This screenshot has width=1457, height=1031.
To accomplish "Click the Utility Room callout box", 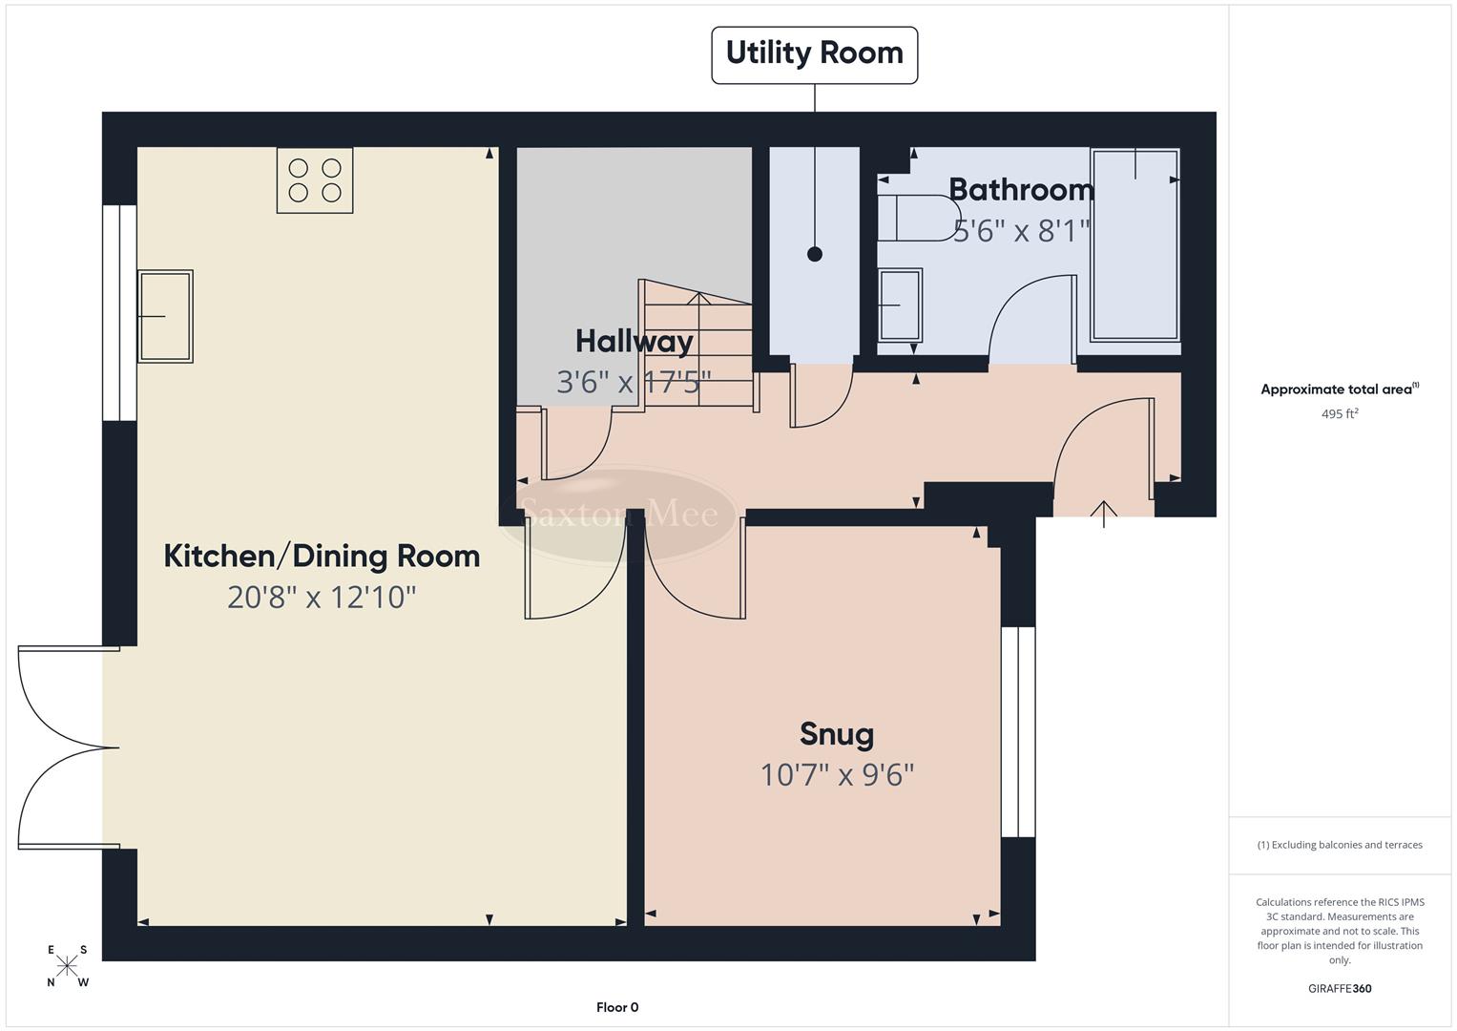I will pos(814,54).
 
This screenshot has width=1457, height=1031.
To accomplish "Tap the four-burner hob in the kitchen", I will pos(315,180).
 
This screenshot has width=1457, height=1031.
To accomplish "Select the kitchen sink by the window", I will pos(165,316).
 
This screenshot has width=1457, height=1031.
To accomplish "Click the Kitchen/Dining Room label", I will pos(322,556).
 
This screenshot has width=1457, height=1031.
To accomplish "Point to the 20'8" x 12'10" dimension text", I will pos(322,598).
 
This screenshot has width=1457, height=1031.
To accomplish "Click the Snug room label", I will pos(837,734).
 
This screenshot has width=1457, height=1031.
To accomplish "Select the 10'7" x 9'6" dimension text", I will pos(837,774).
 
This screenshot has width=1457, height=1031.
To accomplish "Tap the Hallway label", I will pos(634,341).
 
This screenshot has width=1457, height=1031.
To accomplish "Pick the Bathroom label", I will pos(1021,189).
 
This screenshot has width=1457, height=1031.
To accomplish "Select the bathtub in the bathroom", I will pos(1134,244).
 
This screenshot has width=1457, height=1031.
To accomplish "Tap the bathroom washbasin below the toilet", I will pos(900,305).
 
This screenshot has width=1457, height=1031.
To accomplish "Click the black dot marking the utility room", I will pos(814,254).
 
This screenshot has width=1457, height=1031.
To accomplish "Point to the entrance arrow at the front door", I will pos(1104,513).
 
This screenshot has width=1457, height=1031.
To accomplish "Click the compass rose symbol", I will pos(67,965).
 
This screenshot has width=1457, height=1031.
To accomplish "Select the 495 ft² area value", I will pos(1339,414).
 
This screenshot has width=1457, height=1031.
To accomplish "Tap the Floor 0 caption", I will pos(617,1007).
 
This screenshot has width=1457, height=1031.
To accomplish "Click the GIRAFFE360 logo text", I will pos(1339,989).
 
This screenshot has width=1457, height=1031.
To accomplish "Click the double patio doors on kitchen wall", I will pos(65,747).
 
